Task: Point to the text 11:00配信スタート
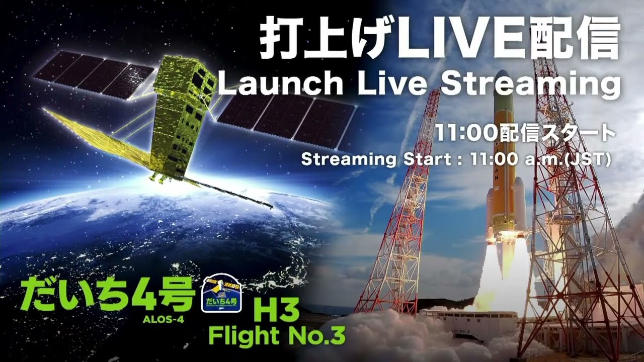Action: tap(525, 134)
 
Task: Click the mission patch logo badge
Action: tap(222, 296)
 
